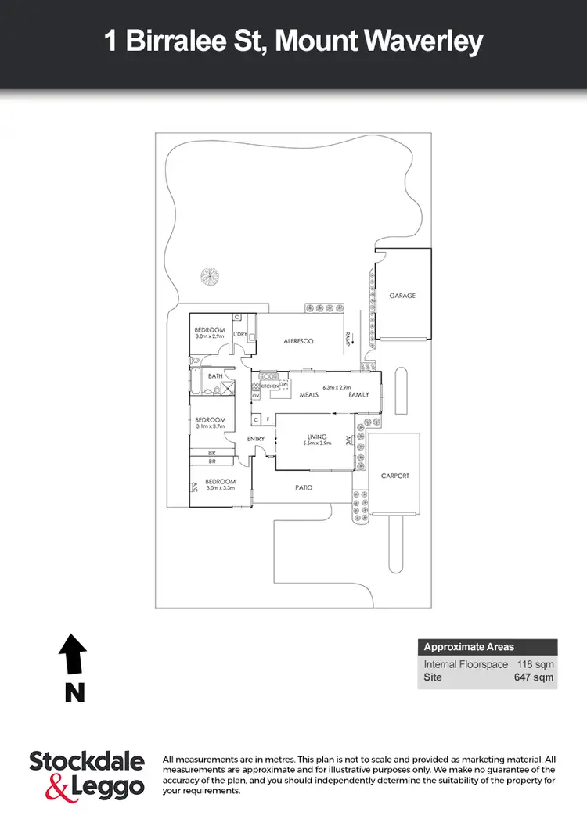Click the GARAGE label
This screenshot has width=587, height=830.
[x=402, y=296]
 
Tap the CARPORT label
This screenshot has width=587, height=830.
[x=394, y=476]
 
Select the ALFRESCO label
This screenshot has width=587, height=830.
[x=297, y=341]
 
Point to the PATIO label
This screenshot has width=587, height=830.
[x=304, y=487]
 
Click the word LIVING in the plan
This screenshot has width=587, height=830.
[x=316, y=437]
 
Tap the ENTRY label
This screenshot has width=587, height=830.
[x=256, y=439]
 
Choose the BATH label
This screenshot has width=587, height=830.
[x=215, y=376]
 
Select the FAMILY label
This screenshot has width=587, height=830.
[x=358, y=395]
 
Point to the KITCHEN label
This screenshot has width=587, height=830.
[x=269, y=386]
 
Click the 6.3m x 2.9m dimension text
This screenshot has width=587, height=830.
[x=337, y=387]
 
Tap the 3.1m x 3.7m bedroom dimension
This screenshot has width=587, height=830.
[x=210, y=426]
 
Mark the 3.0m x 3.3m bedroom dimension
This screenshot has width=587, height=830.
[x=221, y=488]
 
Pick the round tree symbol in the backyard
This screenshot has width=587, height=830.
[x=209, y=276]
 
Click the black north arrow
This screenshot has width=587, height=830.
[x=73, y=653]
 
